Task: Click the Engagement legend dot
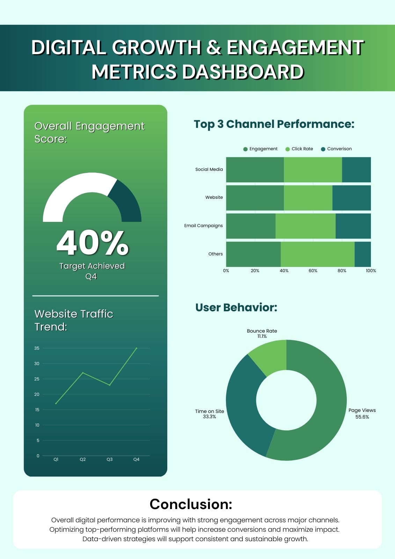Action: tap(245, 149)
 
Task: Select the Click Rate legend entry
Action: tap(299, 149)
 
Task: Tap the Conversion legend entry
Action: tap(336, 149)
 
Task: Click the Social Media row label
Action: tap(209, 169)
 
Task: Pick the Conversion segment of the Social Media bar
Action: tap(356, 170)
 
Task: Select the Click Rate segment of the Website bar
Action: tap(308, 198)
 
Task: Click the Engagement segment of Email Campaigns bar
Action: tap(251, 226)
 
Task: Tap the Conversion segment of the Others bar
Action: tap(363, 254)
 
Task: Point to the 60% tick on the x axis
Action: tap(313, 271)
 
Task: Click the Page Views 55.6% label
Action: tap(362, 414)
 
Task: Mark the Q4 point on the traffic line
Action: tap(137, 348)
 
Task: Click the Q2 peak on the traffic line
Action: tap(83, 373)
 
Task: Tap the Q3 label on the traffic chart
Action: tap(110, 459)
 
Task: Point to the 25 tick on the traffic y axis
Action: tap(37, 379)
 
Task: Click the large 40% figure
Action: tap(93, 243)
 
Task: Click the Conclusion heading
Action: tap(191, 504)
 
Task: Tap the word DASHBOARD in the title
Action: tap(243, 72)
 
